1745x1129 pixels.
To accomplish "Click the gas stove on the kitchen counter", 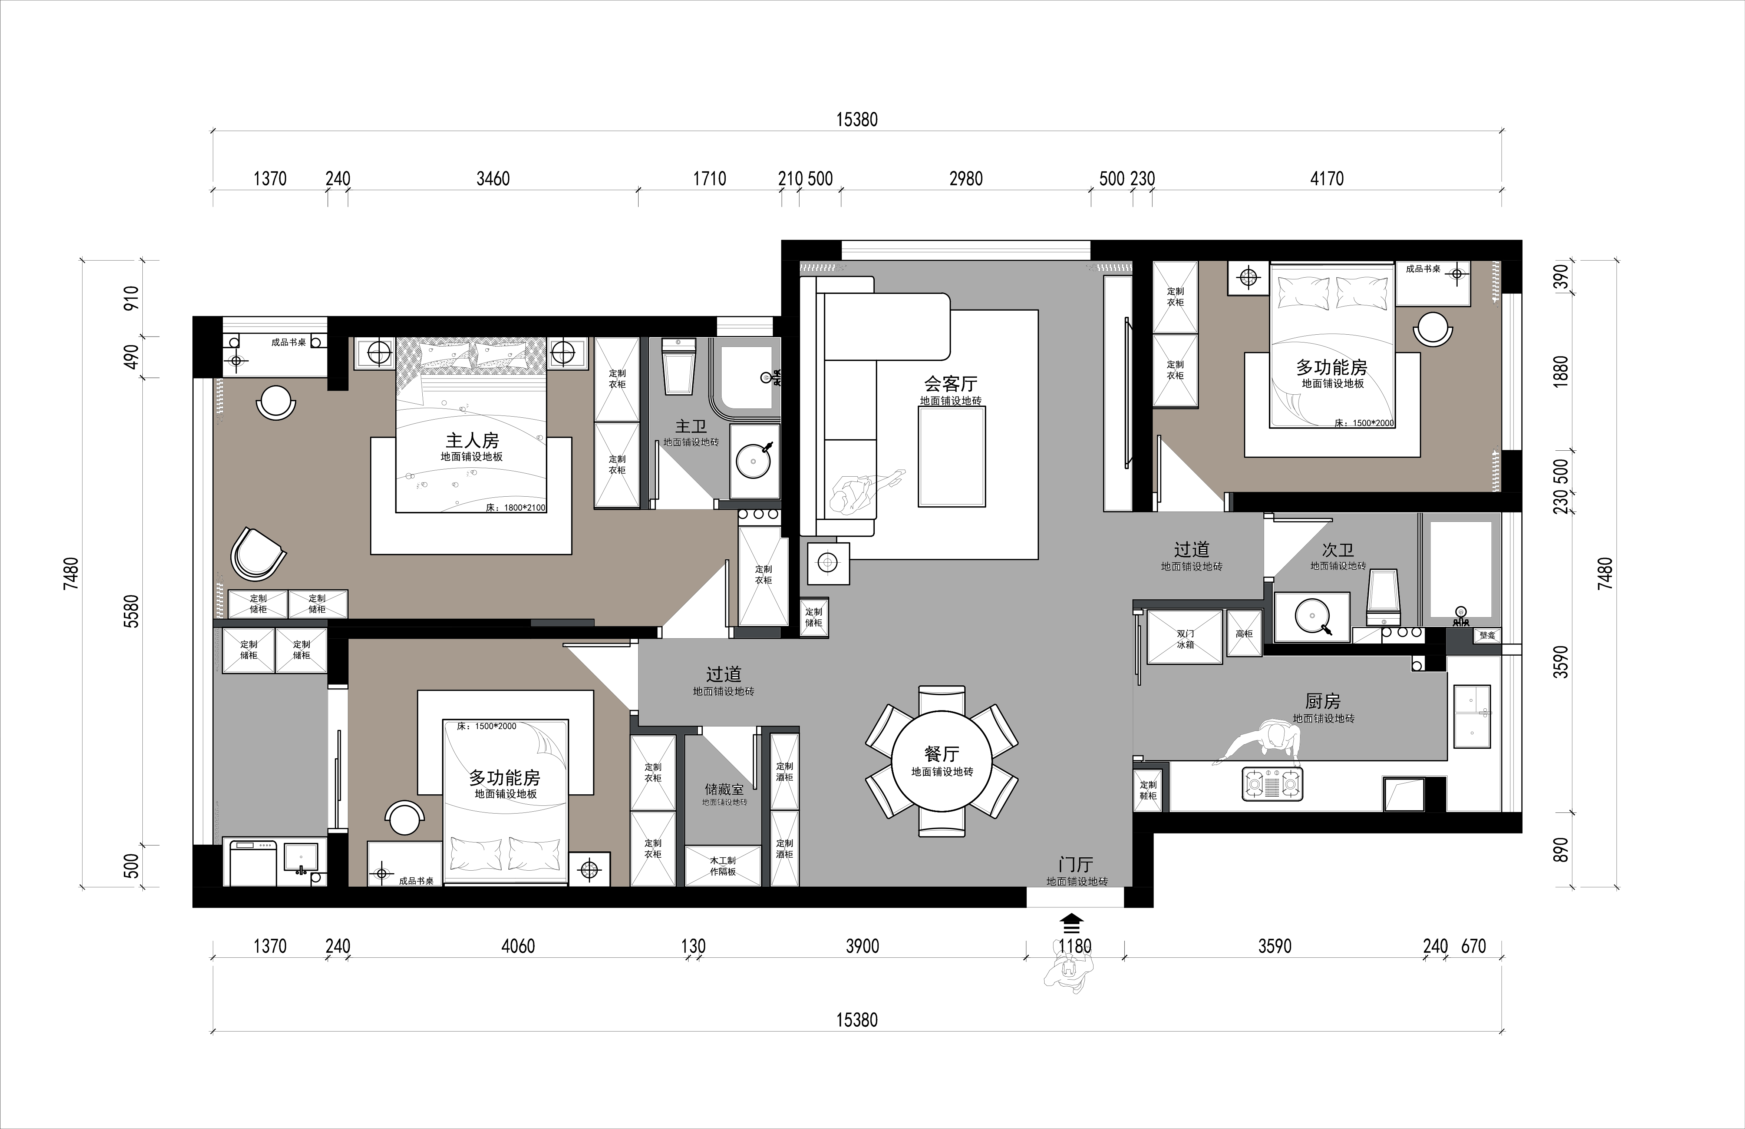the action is [1272, 784].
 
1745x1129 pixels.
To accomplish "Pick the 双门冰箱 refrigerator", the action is [1185, 637].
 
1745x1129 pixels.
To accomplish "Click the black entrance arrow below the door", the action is [1072, 921].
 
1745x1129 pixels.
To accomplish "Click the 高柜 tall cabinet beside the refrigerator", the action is [1244, 633].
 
